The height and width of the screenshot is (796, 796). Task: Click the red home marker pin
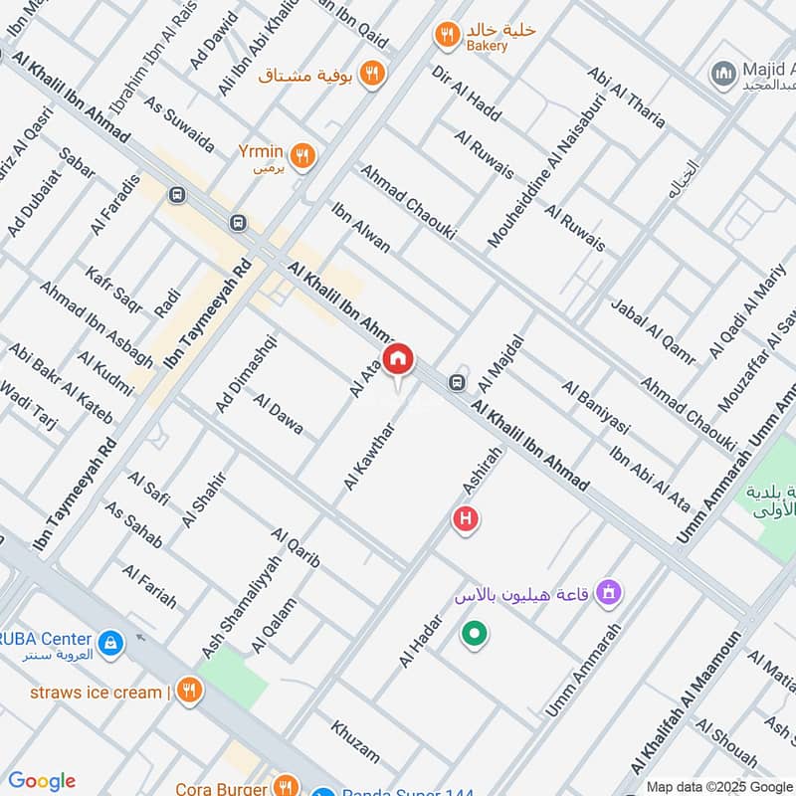[x=399, y=359]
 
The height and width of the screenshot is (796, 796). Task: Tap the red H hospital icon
[x=464, y=518]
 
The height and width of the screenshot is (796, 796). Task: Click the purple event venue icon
[x=609, y=595]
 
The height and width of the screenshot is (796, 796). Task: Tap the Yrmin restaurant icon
[x=305, y=154]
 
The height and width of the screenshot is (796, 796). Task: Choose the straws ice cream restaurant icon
[x=189, y=692]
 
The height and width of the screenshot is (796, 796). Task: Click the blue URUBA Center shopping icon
[x=112, y=642]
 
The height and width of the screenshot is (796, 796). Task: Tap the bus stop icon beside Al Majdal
[x=457, y=381]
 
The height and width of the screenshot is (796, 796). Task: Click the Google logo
[x=41, y=781]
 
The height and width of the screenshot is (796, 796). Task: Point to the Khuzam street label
[x=355, y=741]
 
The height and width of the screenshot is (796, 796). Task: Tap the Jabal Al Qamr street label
[x=653, y=332]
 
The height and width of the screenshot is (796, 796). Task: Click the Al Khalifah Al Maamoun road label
[x=688, y=702]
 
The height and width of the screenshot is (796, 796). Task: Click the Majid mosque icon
[x=722, y=72]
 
